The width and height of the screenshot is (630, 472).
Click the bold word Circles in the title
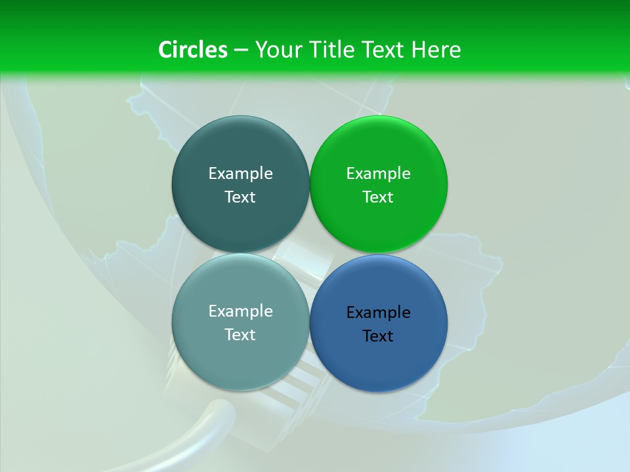(193, 50)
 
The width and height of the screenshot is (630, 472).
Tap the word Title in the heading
(331, 50)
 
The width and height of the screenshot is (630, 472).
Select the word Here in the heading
(436, 50)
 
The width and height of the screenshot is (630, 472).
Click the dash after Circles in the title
(241, 50)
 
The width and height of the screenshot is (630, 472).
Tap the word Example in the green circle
(378, 174)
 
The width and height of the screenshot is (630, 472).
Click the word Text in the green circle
(378, 197)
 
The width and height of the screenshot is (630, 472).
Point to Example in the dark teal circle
(240, 174)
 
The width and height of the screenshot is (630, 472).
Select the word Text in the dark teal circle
(240, 197)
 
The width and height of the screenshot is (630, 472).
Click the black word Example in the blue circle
(378, 313)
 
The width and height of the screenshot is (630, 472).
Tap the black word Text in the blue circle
(378, 336)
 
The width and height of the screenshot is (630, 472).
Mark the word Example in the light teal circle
(240, 311)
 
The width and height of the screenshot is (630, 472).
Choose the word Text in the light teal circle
(240, 335)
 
